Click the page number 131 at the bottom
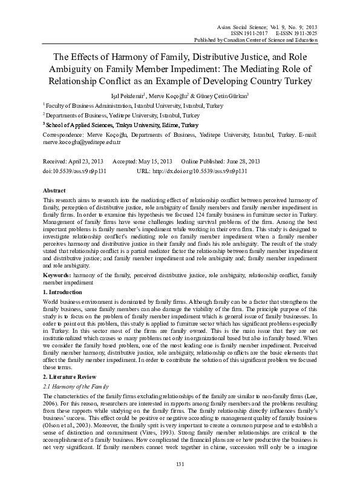(179, 481)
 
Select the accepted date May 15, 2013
(155, 162)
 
